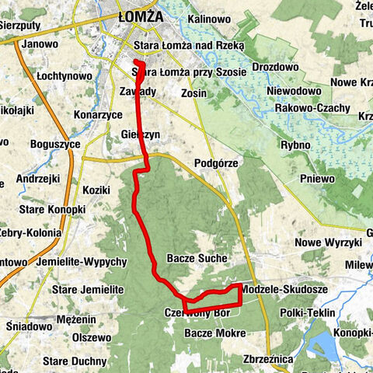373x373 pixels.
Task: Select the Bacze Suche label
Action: click(x=197, y=258)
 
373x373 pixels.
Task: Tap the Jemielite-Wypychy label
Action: click(x=82, y=263)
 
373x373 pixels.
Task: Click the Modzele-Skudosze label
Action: click(x=283, y=289)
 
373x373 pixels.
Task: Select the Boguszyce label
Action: click(x=56, y=144)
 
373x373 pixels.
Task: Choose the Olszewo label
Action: click(x=92, y=338)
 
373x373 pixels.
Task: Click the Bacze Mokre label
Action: click(x=215, y=333)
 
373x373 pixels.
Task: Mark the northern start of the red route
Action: click(x=136, y=62)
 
